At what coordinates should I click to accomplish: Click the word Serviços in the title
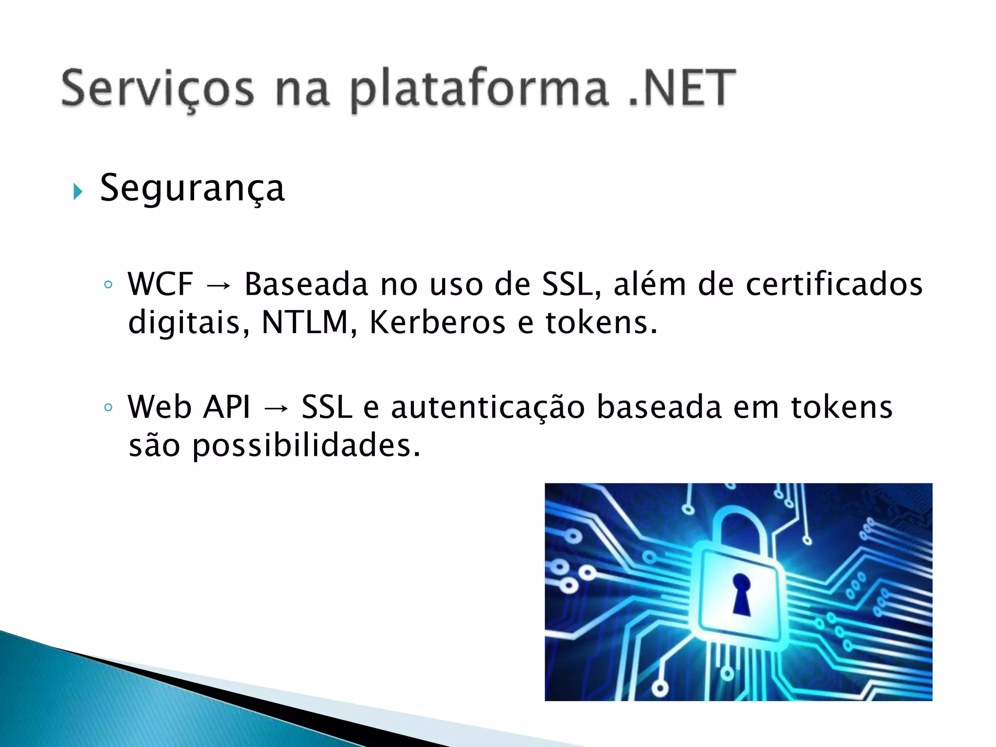click(x=158, y=89)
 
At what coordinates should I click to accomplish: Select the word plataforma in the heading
click(x=479, y=90)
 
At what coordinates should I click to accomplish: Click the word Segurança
click(x=192, y=189)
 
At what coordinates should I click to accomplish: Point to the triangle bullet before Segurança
click(x=77, y=192)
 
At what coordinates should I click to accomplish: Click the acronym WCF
click(x=160, y=284)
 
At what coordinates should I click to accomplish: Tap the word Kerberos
click(x=437, y=322)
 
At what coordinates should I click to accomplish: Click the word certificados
click(x=834, y=284)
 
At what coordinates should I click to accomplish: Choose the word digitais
click(x=184, y=323)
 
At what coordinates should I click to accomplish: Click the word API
click(x=227, y=407)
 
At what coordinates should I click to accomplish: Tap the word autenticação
click(x=488, y=408)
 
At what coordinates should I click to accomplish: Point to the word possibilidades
click(x=306, y=446)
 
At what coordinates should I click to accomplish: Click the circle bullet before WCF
click(x=108, y=285)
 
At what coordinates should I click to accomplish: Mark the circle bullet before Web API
click(x=108, y=408)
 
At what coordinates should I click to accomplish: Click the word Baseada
click(x=306, y=284)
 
